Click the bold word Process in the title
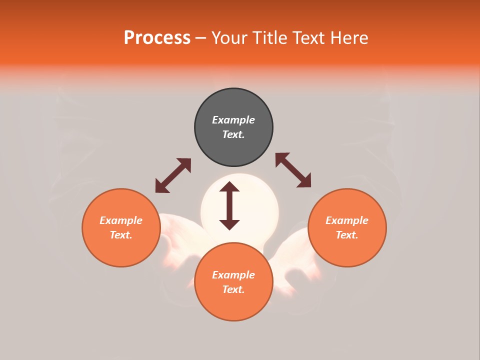coord(157,38)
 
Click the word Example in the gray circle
coord(233,120)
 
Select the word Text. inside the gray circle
coord(233,134)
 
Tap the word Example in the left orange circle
coord(121,220)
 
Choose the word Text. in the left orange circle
coord(121,235)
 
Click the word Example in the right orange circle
coord(347,220)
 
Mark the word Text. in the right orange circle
coord(347,235)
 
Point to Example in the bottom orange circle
coord(233,275)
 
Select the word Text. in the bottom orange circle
coord(233,289)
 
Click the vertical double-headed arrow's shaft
coord(229,205)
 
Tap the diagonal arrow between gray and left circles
coord(173,175)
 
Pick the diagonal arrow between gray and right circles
coord(293,170)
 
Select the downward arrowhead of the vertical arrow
coord(229,224)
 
